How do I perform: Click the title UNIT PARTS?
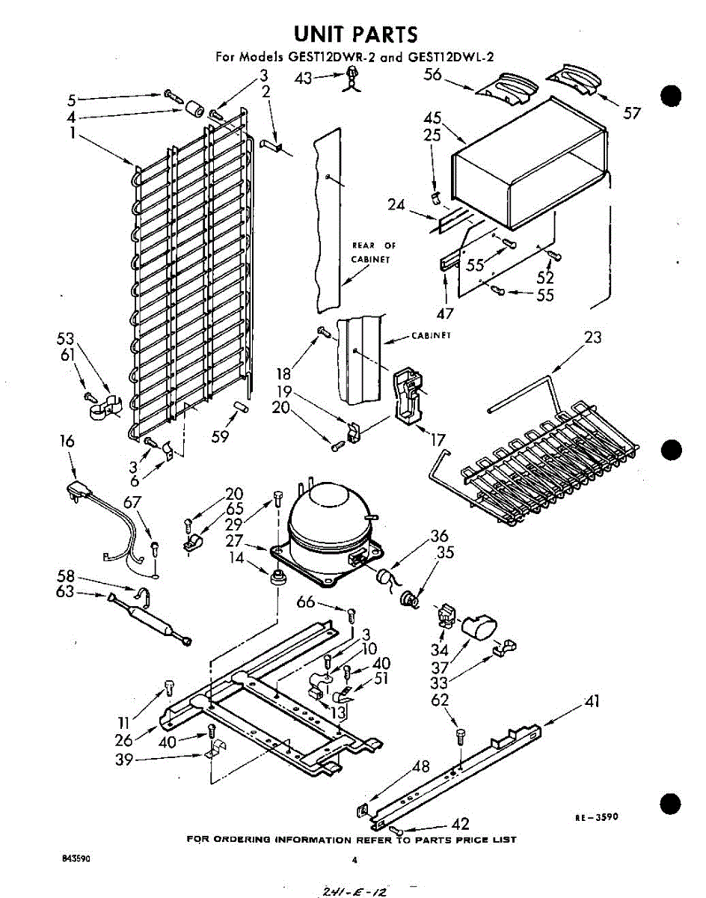[x=355, y=34]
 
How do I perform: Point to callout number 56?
[x=433, y=74]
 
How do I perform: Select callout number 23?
[x=592, y=337]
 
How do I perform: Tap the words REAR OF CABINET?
[x=374, y=253]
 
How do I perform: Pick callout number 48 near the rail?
[x=421, y=766]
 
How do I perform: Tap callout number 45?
[x=432, y=117]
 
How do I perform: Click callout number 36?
[x=439, y=536]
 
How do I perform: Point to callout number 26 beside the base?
[x=124, y=740]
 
